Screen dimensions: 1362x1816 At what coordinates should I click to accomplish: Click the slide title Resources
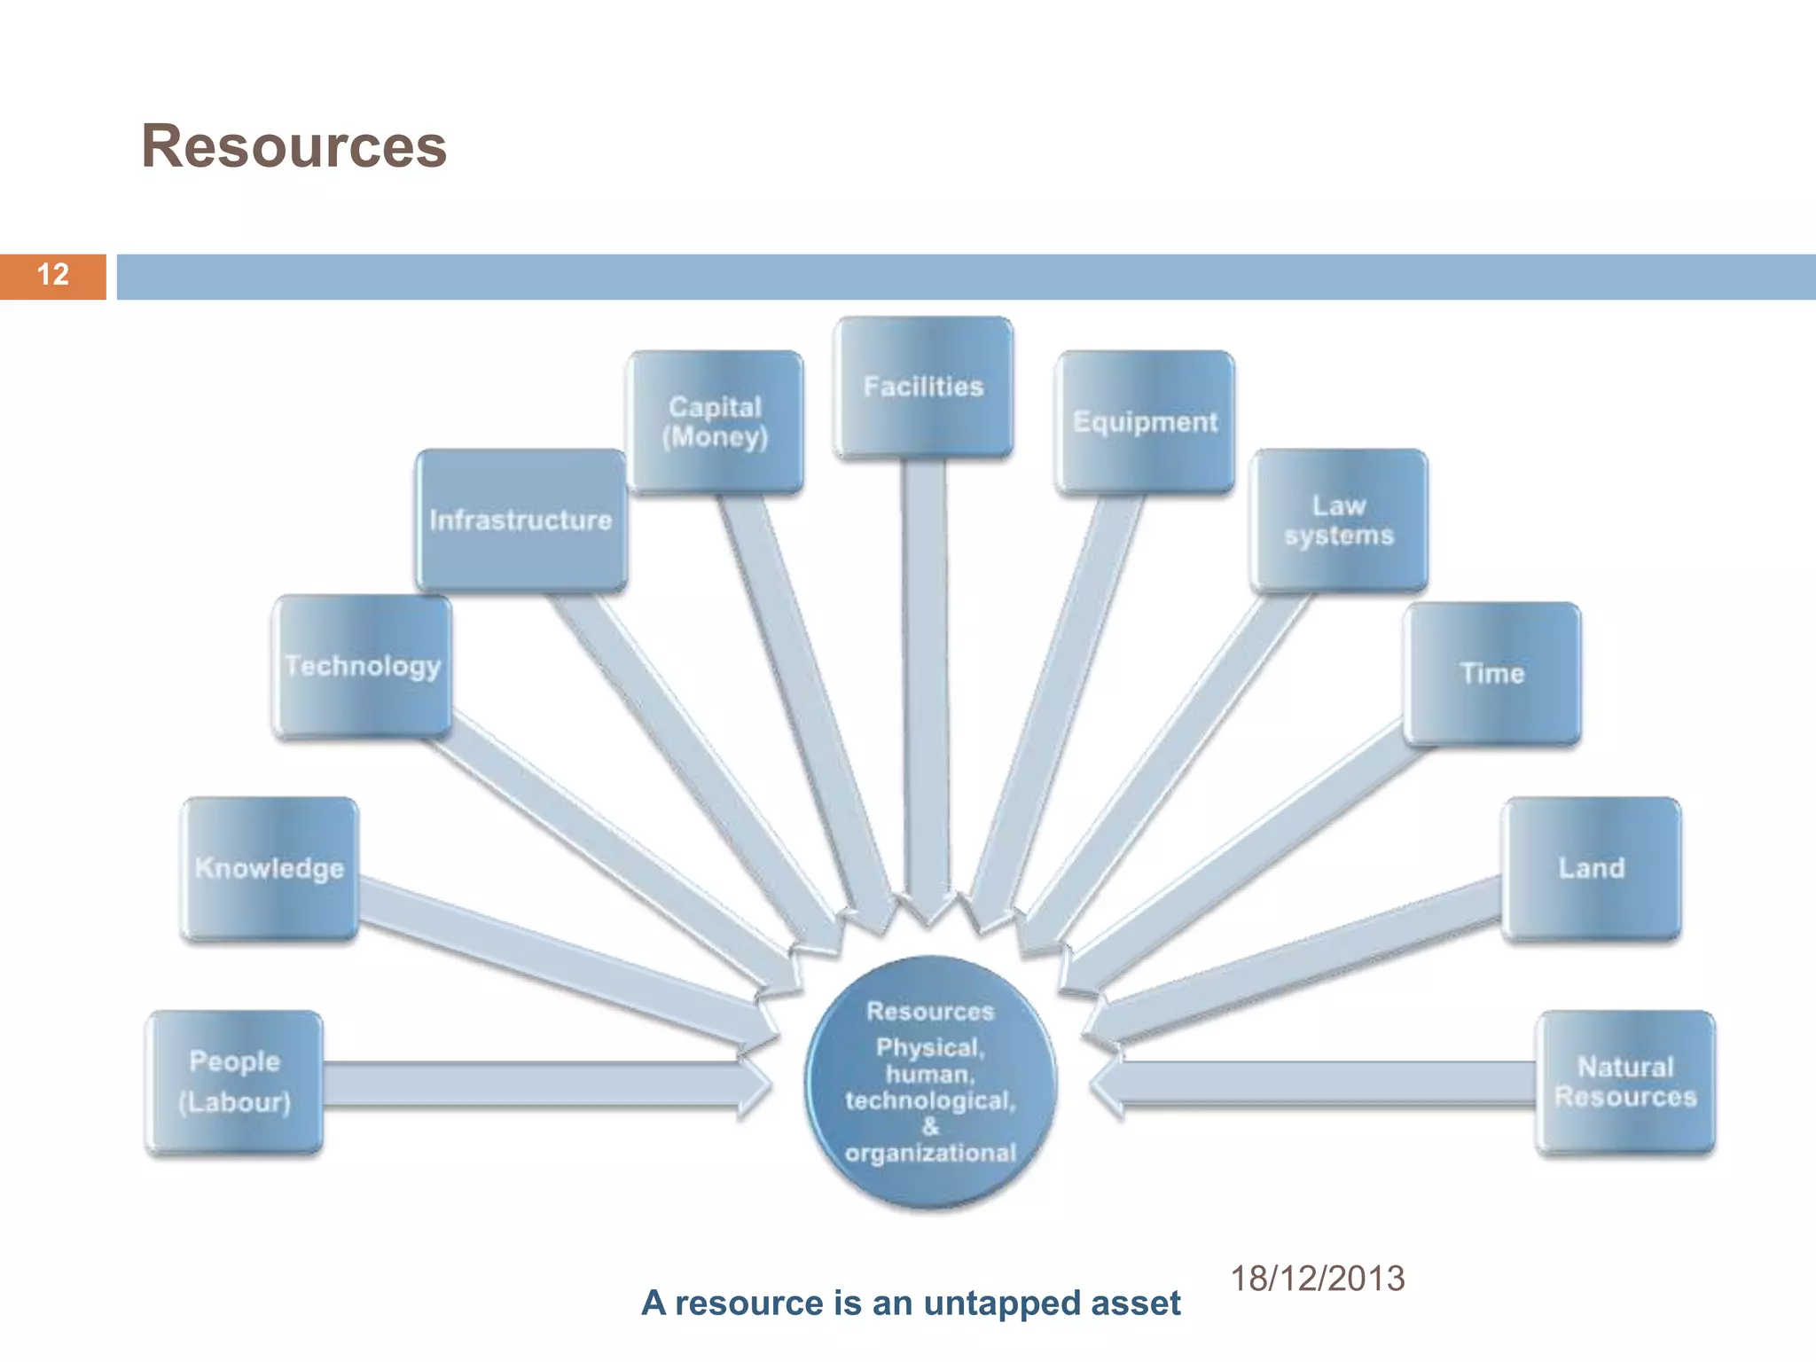[294, 146]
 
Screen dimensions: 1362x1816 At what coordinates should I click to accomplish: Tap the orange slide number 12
[53, 275]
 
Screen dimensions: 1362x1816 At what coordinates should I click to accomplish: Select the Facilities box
[923, 387]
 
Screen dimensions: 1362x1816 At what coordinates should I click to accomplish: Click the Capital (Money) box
[715, 422]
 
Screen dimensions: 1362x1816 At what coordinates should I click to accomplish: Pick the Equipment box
[1145, 422]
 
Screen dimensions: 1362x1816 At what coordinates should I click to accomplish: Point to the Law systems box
[1339, 521]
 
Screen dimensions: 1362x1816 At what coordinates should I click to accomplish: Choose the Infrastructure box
[521, 521]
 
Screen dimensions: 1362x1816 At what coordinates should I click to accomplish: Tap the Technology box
[363, 666]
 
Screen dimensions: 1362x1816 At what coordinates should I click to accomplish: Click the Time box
[1492, 674]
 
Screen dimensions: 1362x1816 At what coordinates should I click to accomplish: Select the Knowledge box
[270, 868]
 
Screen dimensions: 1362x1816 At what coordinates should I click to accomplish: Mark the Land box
[1592, 868]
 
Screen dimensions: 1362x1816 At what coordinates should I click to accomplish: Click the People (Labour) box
[234, 1082]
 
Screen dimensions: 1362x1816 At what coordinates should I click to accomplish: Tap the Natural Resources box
[1625, 1082]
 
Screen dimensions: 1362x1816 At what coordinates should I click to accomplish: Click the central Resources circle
[930, 1082]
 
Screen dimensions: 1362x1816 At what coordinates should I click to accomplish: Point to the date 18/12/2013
[1317, 1279]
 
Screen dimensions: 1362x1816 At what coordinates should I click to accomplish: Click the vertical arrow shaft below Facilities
[926, 674]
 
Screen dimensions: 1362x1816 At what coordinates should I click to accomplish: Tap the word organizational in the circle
[930, 1153]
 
